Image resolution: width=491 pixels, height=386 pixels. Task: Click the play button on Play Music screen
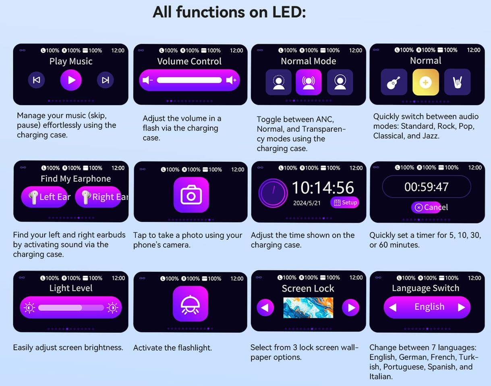71,80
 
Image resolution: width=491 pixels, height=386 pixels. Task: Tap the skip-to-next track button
105,80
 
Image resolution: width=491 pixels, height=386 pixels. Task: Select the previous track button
36,80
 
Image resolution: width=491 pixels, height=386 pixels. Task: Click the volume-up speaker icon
231,80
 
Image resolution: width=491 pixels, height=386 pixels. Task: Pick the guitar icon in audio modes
394,82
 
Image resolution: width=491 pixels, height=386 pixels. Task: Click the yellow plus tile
426,82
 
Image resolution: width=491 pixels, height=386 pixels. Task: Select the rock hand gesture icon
457,82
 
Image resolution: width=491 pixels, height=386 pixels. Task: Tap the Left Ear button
45,197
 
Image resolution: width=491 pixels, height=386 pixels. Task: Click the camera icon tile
191,195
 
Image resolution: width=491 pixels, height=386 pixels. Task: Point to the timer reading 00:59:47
426,187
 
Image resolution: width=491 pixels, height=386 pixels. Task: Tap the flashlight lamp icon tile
190,304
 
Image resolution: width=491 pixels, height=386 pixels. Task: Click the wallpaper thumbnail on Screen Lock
308,308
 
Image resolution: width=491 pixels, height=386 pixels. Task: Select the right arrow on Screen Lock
351,308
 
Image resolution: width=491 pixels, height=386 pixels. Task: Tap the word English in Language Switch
429,307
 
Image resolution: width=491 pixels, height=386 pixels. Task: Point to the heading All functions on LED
229,13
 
